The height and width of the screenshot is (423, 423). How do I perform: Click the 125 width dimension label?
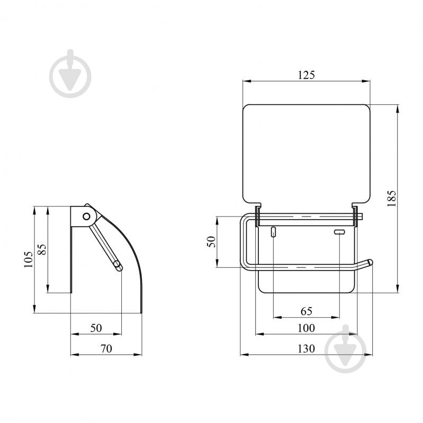point(305,75)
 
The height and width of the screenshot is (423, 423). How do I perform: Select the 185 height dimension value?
point(392,199)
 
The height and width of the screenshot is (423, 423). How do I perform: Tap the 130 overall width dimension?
point(305,348)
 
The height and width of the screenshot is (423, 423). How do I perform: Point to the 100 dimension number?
point(305,328)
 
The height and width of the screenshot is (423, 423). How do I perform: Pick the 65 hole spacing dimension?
point(306,311)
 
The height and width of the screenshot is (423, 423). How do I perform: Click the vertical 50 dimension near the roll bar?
point(211,242)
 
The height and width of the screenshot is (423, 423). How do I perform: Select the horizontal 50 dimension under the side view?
point(95,328)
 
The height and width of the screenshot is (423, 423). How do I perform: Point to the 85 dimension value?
point(42,249)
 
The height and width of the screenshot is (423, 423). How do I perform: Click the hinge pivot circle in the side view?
point(85,216)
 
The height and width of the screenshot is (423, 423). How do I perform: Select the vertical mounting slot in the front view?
point(273,232)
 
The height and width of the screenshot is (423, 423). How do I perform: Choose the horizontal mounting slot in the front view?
point(339,232)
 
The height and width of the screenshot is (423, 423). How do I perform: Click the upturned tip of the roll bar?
point(369,262)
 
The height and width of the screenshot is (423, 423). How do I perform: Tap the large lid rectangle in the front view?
point(305,154)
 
